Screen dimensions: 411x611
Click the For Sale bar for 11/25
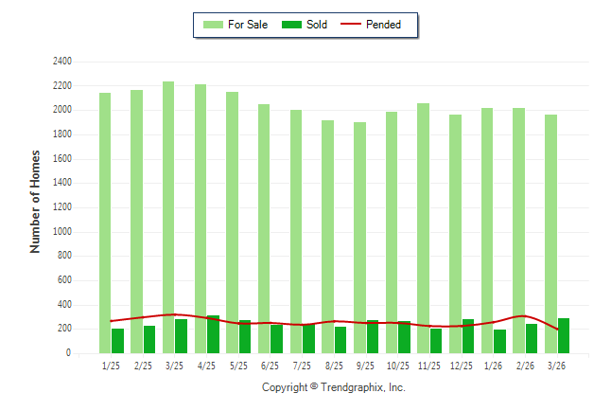pyautogui.click(x=423, y=227)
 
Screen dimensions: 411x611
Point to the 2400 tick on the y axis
pyautogui.click(x=61, y=61)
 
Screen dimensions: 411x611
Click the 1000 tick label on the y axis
pyautogui.click(x=61, y=231)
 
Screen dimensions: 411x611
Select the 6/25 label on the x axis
pyautogui.click(x=270, y=366)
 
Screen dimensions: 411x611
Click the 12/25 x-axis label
pyautogui.click(x=462, y=366)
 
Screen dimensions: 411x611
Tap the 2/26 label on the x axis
pyautogui.click(x=525, y=366)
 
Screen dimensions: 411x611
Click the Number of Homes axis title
pyautogui.click(x=36, y=201)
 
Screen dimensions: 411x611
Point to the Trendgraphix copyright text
pyautogui.click(x=333, y=387)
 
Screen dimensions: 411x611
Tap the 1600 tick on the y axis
pyautogui.click(x=61, y=158)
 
